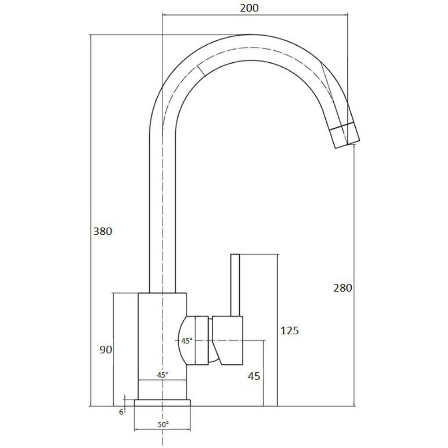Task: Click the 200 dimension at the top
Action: (249, 8)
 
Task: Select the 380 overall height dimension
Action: (102, 232)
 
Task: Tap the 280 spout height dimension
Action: (343, 288)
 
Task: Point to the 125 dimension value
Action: (289, 331)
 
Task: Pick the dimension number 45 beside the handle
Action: (254, 376)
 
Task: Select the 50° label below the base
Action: (163, 424)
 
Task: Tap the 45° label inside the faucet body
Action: (163, 375)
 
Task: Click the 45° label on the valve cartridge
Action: (187, 340)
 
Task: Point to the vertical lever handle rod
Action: (235, 285)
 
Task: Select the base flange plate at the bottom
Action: (163, 403)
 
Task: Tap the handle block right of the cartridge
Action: (228, 340)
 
